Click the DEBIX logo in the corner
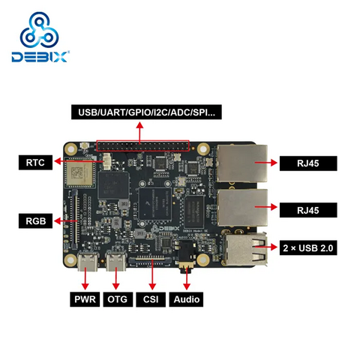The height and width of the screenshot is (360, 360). [x=40, y=37]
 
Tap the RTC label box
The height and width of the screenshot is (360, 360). [x=35, y=163]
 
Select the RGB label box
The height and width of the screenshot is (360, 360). [x=35, y=221]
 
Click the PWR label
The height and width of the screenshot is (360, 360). [x=85, y=299]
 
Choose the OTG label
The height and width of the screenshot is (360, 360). [x=118, y=299]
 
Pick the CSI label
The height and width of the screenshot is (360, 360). [x=151, y=299]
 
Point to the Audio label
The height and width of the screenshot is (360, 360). [x=187, y=299]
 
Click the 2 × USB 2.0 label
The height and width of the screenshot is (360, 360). [x=308, y=248]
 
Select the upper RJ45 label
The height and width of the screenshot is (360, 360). [x=308, y=163]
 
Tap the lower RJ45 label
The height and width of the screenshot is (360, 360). [x=308, y=210]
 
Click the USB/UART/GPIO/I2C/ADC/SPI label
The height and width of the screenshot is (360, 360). [x=146, y=112]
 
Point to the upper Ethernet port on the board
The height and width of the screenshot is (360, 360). [x=242, y=163]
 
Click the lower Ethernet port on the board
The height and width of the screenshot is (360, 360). [x=242, y=208]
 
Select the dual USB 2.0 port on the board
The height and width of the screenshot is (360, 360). [x=244, y=249]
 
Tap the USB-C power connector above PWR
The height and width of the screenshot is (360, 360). [x=88, y=262]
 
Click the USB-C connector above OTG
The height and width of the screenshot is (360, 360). [x=116, y=262]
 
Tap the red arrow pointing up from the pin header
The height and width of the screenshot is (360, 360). [x=139, y=133]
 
